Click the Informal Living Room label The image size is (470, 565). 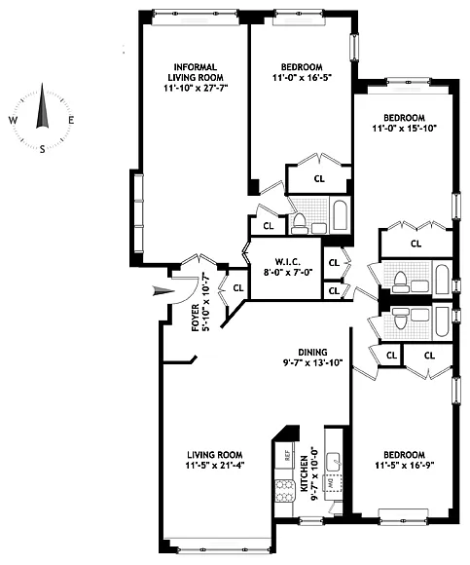196,72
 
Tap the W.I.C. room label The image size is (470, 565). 286,262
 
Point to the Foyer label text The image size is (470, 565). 195,319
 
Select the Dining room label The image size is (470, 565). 312,352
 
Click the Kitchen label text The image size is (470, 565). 304,473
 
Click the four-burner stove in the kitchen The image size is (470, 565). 285,492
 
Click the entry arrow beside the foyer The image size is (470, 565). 164,291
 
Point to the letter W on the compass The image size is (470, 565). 13,121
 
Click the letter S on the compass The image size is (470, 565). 43,149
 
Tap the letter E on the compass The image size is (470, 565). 71,121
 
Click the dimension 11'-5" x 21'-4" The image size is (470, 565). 215,466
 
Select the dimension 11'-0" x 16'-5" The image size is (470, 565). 302,77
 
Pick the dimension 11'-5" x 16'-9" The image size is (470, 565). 405,466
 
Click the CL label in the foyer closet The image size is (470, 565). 238,288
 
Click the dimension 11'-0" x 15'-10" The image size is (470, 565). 405,128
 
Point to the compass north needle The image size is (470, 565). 42,105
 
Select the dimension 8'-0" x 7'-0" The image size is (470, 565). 286,272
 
